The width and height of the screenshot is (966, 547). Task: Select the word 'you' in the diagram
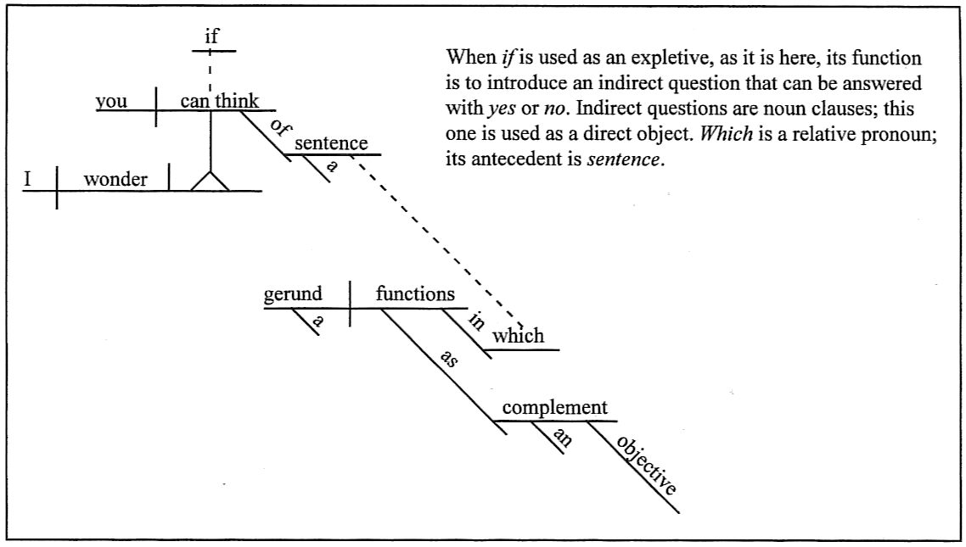pyautogui.click(x=111, y=101)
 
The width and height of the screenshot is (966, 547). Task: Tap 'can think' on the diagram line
pyautogui.click(x=219, y=101)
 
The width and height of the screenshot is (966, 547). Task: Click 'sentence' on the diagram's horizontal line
pyautogui.click(x=331, y=143)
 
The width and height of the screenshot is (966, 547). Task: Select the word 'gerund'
pyautogui.click(x=294, y=295)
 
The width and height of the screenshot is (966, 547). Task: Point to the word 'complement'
pyautogui.click(x=554, y=408)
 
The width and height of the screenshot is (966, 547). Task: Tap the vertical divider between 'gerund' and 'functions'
pyautogui.click(x=351, y=304)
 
